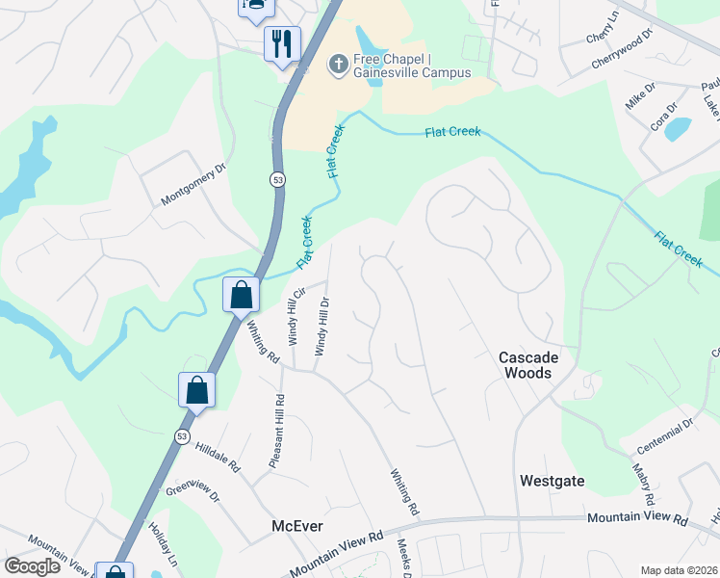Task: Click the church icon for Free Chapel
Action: tap(338, 64)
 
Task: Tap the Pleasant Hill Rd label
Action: tap(276, 432)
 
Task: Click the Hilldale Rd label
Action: tap(218, 456)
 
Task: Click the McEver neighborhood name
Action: tap(296, 526)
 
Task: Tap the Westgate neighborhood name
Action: tap(552, 480)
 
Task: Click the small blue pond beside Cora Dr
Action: tap(678, 128)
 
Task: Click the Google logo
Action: tap(33, 566)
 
